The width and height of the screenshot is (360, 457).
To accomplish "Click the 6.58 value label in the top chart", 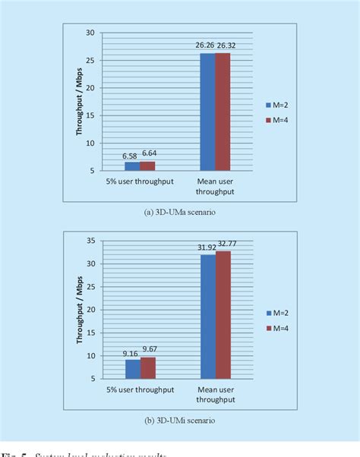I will coord(131,156).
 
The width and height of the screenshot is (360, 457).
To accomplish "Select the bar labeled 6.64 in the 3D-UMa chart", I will coord(147,165).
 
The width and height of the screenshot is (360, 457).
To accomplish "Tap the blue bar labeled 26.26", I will coord(207,112).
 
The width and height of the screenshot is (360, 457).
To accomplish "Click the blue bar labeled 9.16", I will coord(131,368).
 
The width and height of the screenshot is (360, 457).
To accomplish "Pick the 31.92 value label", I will coord(206,247).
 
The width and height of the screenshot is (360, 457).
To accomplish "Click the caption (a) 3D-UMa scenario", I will coord(179,213).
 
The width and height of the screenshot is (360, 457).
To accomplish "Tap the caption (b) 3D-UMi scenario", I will coord(179,420).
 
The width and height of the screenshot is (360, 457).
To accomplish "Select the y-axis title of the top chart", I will coord(78,102).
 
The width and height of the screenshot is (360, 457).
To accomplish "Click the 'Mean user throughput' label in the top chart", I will coord(215,186).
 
